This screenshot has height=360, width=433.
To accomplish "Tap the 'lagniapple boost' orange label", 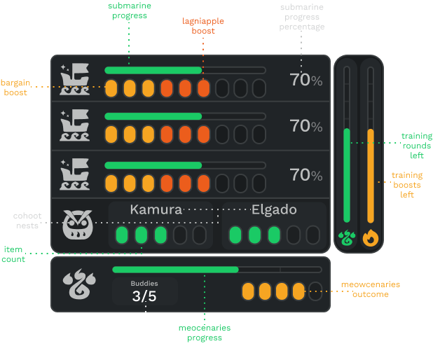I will tap(204, 26).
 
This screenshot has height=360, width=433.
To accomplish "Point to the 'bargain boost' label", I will tap(14, 87).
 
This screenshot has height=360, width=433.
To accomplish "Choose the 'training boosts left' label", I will tap(407, 185).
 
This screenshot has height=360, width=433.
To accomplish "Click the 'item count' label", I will tap(13, 254).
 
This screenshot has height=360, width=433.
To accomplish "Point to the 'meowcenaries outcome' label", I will tap(371, 289).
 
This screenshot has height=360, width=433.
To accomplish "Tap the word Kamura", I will tap(156, 209).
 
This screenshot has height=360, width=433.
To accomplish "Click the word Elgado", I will tap(274, 209).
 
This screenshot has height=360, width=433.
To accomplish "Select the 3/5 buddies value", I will tap(144, 296).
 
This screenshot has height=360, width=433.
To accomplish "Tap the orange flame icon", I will tap(371, 238).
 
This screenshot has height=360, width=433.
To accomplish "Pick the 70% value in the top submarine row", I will tap(306, 80).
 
